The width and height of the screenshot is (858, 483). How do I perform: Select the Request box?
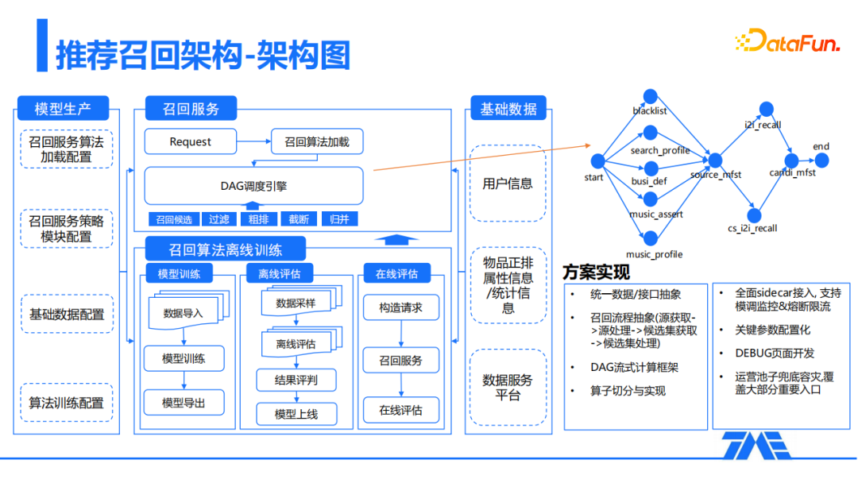click(x=191, y=141)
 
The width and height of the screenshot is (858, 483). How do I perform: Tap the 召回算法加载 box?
click(x=316, y=141)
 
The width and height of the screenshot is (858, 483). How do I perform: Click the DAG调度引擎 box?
click(x=253, y=186)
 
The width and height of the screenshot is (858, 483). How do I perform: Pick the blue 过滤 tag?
click(x=218, y=218)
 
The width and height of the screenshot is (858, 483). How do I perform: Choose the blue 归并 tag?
click(x=338, y=218)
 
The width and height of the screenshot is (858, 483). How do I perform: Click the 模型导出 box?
click(x=184, y=403)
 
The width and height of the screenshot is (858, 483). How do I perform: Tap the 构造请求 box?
click(x=400, y=307)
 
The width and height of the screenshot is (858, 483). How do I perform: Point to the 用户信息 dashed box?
click(x=508, y=184)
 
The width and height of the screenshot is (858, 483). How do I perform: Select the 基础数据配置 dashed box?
click(x=67, y=314)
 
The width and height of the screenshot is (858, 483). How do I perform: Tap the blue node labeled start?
click(x=597, y=161)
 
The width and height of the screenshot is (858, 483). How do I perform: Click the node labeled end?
click(x=821, y=160)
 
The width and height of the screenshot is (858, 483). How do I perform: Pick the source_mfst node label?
click(x=715, y=175)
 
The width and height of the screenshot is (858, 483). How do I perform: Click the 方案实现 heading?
click(x=597, y=272)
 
